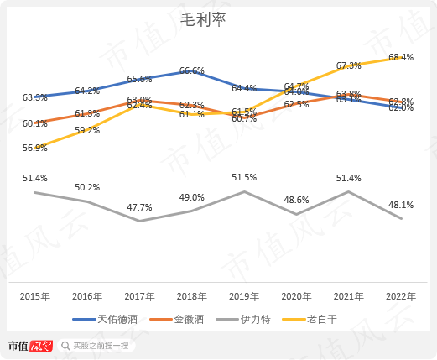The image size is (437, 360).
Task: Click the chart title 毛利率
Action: click(204, 20)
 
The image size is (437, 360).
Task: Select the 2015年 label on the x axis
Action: click(35, 296)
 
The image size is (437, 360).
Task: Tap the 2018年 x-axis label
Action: click(191, 296)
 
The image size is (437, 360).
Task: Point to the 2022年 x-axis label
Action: click(401, 296)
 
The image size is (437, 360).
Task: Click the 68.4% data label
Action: click(401, 58)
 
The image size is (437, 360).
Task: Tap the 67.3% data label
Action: click(348, 65)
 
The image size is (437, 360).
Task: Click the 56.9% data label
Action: click(35, 148)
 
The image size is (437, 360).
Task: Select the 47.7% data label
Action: click(138, 207)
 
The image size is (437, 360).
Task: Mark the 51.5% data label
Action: click(244, 177)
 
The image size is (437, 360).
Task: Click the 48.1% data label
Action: click(401, 205)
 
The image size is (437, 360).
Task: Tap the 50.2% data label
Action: click(87, 187)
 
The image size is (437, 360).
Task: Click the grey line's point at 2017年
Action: click(139, 221)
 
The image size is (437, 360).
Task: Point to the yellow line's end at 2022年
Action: click(401, 68)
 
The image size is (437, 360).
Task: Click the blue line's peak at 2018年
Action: click(192, 72)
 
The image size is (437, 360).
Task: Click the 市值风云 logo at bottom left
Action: click(30, 345)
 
